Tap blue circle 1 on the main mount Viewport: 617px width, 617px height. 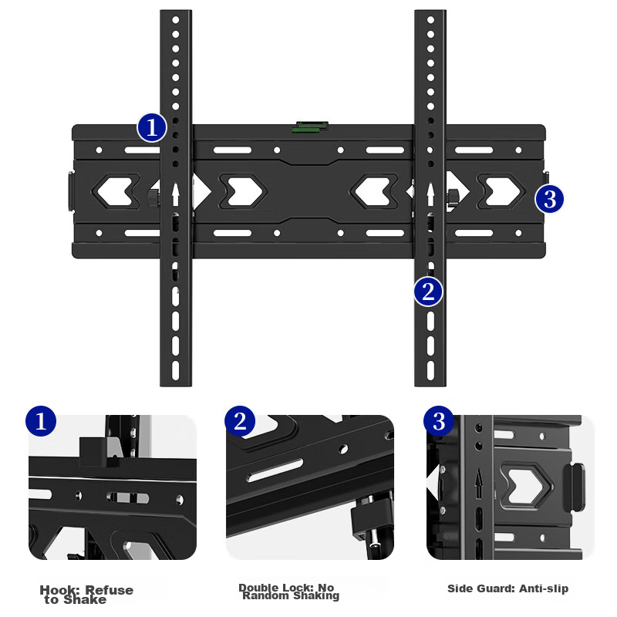coord(152,127)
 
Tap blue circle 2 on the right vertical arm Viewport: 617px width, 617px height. coord(429,292)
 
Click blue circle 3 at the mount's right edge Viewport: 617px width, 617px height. coord(549,199)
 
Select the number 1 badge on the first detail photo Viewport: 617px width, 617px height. coord(41,421)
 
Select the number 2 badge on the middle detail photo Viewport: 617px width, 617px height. coord(240,421)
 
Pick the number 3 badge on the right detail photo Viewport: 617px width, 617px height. coord(439,421)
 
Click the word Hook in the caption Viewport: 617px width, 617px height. coord(56,590)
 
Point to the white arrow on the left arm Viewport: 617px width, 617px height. coord(176,193)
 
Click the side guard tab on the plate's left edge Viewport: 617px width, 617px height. coord(68,191)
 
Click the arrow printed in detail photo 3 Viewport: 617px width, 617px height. coord(478,484)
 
